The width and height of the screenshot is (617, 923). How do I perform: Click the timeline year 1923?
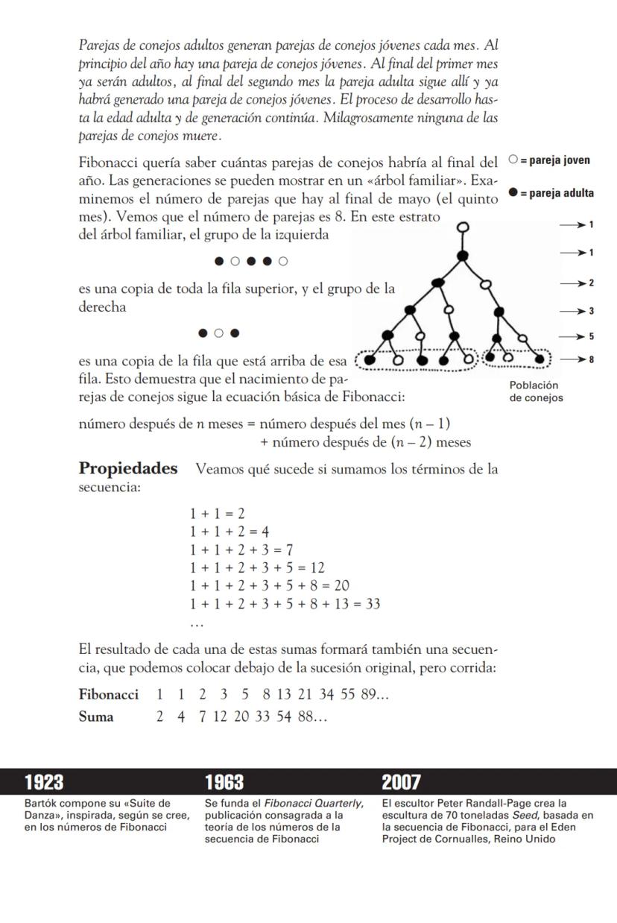click(44, 782)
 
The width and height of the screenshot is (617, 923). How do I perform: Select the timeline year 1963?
click(224, 782)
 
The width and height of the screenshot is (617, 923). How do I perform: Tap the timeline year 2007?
click(402, 782)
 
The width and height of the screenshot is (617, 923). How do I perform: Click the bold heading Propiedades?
click(128, 469)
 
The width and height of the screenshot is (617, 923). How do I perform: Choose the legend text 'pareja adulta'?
click(557, 194)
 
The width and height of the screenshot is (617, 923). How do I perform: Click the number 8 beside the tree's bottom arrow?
click(591, 360)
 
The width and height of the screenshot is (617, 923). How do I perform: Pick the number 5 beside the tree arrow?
click(591, 336)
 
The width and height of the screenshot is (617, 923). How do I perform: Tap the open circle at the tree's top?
click(463, 227)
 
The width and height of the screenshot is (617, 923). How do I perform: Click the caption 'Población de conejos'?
click(536, 391)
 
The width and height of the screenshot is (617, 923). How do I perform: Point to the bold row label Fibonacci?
click(109, 695)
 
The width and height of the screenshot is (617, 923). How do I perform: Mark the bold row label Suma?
click(96, 717)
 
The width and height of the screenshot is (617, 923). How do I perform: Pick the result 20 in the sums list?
click(341, 586)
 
